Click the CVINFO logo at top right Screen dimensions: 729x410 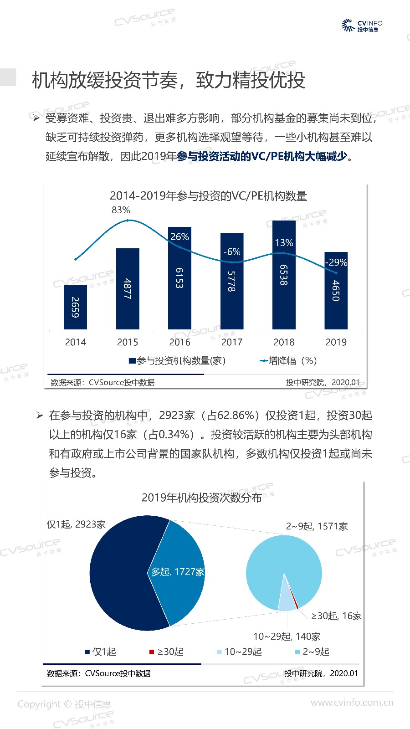[x=362, y=26]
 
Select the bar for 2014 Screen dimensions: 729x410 [x=75, y=307]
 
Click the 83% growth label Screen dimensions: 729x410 [x=121, y=210]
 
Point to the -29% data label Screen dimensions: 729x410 [x=336, y=262]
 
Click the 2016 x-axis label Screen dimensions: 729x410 [x=179, y=342]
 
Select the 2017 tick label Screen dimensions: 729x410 [x=232, y=342]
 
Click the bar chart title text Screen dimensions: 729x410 [x=208, y=196]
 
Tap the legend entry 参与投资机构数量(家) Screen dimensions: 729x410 [x=178, y=361]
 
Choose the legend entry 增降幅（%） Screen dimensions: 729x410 [x=288, y=361]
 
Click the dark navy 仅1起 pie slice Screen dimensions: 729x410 [x=118, y=574]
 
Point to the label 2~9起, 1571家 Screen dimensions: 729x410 [x=317, y=526]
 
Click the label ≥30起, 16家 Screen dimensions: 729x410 [x=336, y=616]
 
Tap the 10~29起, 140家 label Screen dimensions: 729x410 [x=287, y=637]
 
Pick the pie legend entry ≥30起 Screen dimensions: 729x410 [x=167, y=652]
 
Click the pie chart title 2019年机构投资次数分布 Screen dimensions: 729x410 [x=201, y=498]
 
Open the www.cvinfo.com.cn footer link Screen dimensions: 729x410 [x=352, y=703]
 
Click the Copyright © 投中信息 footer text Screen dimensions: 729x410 [x=64, y=704]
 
